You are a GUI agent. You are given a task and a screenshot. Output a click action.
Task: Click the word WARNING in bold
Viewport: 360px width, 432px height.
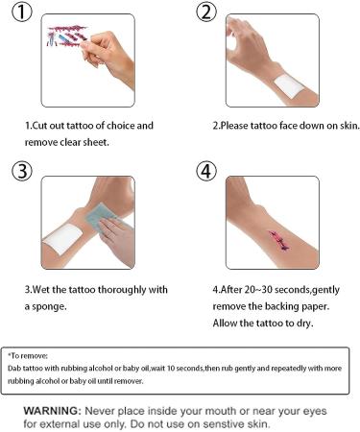click(x=51, y=410)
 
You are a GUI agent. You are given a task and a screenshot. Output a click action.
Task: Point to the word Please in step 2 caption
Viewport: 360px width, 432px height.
click(x=236, y=126)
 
